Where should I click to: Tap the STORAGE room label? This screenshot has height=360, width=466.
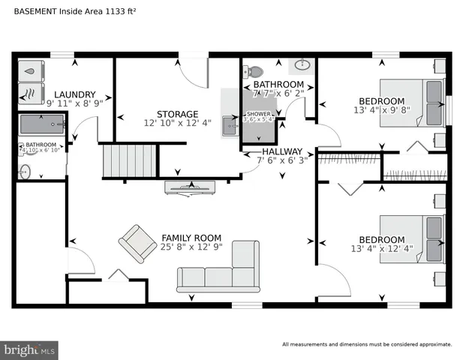177,114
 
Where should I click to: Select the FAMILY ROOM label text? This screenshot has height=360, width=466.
191,238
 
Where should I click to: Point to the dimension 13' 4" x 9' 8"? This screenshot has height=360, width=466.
381,110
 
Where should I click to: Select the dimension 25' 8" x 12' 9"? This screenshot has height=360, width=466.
191,247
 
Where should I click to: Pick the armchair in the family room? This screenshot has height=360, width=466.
137,242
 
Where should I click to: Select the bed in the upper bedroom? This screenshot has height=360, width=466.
413,103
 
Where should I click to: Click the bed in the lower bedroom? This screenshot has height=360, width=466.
413,238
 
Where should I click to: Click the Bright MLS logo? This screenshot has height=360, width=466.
30,349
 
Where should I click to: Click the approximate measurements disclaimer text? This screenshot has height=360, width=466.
367,345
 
